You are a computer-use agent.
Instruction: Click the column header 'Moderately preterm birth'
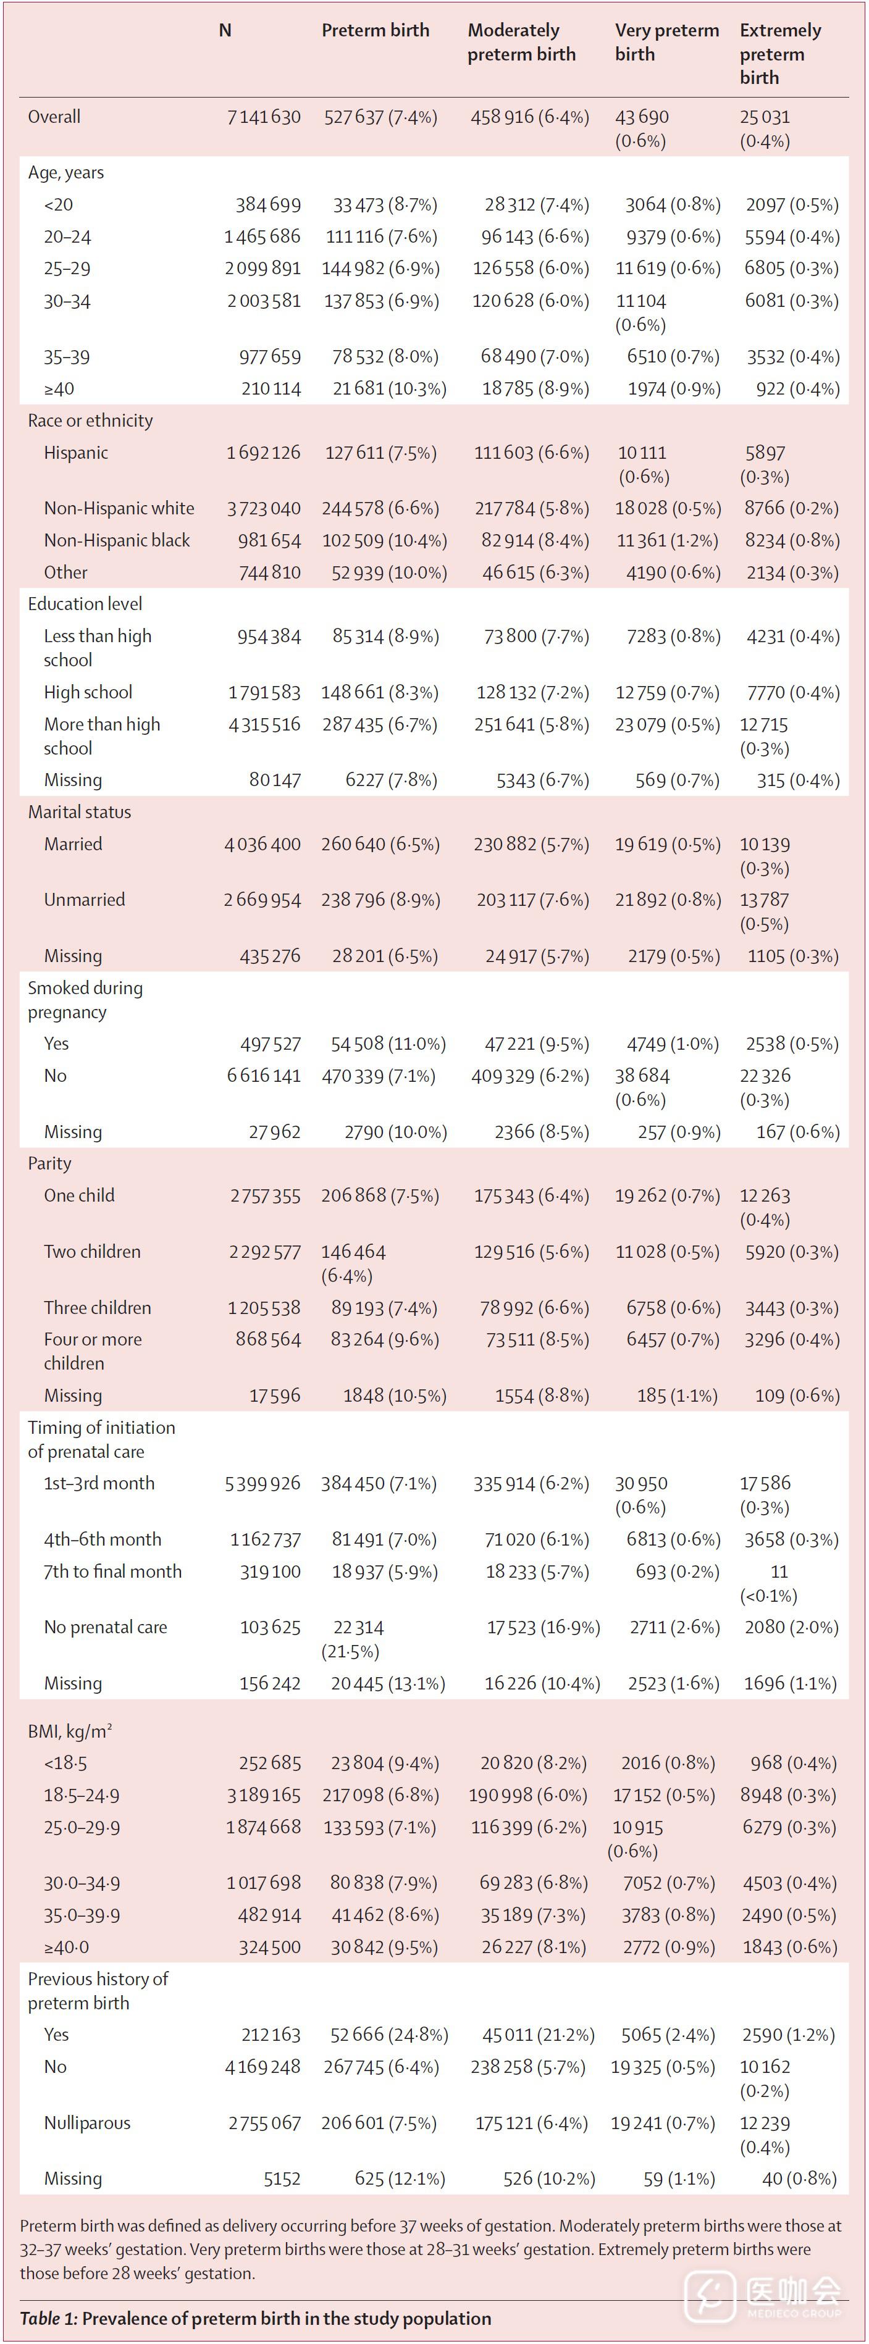(521, 42)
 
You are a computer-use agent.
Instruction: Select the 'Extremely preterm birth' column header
(780, 54)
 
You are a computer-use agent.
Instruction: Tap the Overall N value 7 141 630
(263, 117)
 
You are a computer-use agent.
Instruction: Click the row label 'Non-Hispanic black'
(117, 540)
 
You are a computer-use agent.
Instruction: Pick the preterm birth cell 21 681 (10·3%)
(388, 388)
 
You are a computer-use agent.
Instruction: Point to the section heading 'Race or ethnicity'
(90, 421)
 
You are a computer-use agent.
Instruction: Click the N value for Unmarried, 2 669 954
(262, 900)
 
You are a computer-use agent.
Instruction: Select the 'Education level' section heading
(85, 604)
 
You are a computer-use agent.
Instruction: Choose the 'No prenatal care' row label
(106, 1627)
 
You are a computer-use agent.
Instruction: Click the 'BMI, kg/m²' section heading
(70, 1731)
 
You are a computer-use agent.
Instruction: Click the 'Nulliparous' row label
(87, 2123)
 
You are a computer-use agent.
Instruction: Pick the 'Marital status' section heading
(79, 811)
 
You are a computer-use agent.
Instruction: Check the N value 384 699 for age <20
(269, 205)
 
